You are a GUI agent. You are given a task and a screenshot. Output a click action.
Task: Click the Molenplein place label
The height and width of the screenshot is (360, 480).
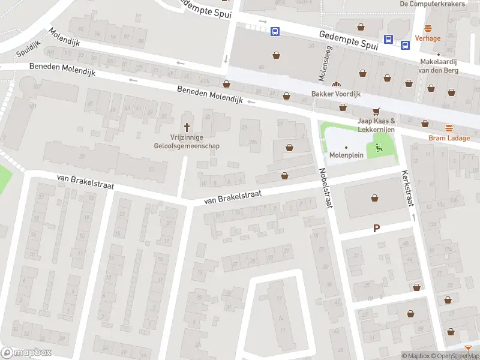(x=346, y=155)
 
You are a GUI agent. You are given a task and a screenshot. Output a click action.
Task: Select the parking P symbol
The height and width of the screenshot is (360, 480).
(x=377, y=228)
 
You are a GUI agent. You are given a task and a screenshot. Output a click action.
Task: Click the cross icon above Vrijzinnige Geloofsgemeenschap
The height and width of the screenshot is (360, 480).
(x=187, y=127)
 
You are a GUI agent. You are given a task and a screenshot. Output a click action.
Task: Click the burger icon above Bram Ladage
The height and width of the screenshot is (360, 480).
(x=449, y=127)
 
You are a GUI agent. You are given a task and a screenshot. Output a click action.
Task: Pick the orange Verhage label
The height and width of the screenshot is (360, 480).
(x=428, y=38)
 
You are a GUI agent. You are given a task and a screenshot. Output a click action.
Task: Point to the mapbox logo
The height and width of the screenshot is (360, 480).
(x=26, y=353)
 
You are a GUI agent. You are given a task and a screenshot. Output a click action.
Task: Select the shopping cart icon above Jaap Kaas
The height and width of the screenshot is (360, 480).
(x=377, y=111)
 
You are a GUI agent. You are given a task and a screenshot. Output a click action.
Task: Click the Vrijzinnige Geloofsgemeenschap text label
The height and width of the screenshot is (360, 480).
(x=187, y=141)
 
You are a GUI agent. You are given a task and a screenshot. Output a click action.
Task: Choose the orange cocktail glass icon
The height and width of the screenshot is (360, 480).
(x=468, y=348)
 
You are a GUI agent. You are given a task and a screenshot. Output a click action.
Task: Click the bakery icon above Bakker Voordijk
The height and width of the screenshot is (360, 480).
(x=335, y=85)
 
